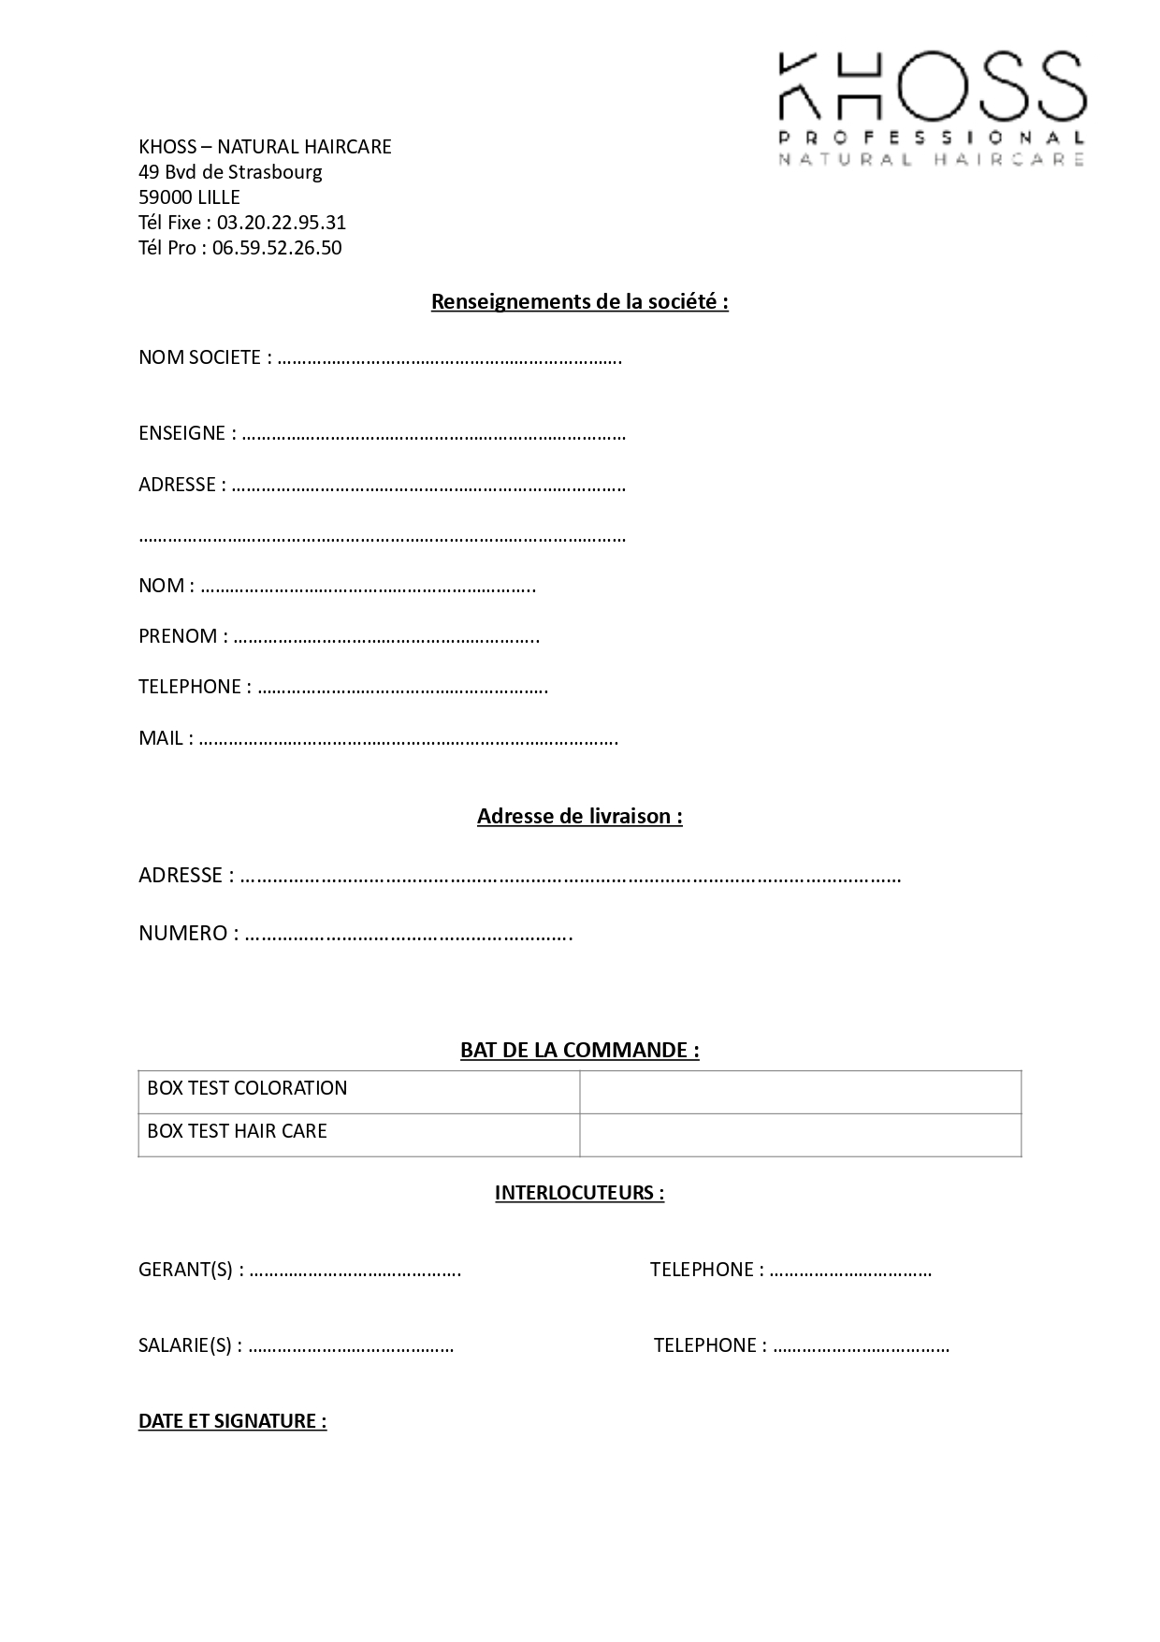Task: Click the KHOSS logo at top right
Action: coord(932,109)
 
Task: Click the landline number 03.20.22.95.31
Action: coord(282,223)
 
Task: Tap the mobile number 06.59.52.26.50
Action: coord(277,248)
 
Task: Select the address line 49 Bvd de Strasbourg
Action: coord(230,172)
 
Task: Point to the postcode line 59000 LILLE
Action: coord(189,197)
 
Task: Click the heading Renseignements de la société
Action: coord(579,302)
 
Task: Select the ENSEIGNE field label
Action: coord(181,433)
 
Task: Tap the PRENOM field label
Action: coord(178,636)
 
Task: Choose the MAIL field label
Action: coord(161,738)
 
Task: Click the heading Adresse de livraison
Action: coord(579,816)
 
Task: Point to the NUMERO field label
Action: coord(182,933)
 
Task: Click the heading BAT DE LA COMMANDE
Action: coord(579,1050)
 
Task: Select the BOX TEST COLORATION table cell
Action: coord(247,1088)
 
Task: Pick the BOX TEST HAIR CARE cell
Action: coord(237,1131)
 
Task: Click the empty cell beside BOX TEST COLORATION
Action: coord(800,1092)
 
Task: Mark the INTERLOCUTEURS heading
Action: coord(579,1193)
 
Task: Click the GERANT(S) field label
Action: coord(185,1270)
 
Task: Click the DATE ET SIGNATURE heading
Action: coord(232,1421)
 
